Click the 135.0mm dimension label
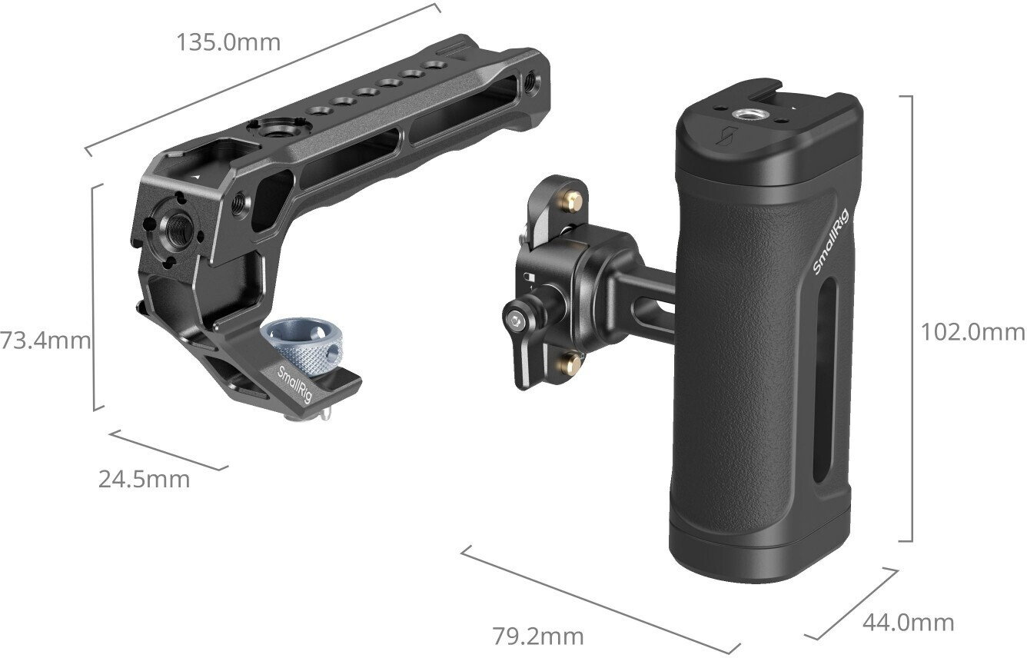228,42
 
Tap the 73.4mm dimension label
45,341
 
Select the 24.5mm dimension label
144,480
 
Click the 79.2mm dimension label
538,636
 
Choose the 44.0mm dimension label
909,623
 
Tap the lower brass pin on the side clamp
569,362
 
